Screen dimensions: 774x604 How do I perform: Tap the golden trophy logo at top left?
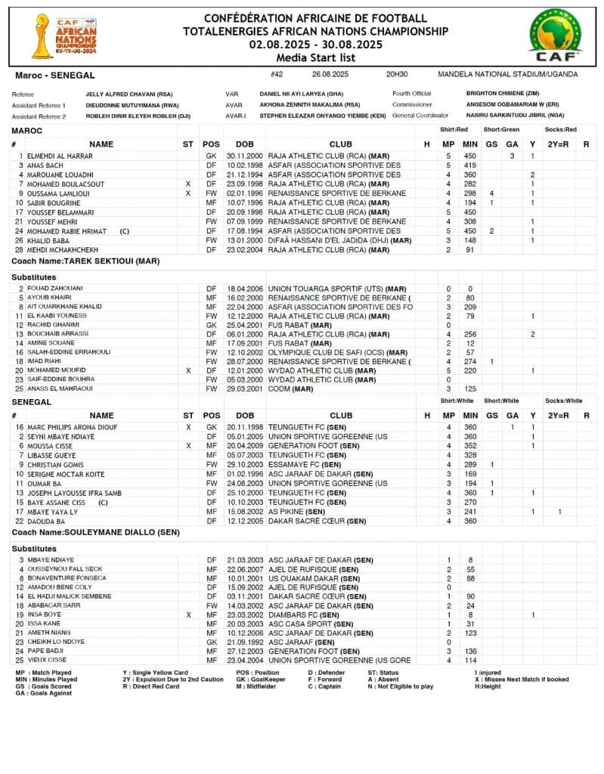click(42, 36)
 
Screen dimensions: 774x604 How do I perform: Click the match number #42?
click(276, 75)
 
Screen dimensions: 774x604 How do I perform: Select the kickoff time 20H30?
click(396, 75)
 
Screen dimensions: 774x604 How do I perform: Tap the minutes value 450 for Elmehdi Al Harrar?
click(470, 156)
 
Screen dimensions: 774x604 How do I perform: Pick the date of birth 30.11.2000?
click(244, 156)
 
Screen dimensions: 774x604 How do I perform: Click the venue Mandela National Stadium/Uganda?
click(507, 75)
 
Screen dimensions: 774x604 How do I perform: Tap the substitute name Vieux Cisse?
click(47, 660)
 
